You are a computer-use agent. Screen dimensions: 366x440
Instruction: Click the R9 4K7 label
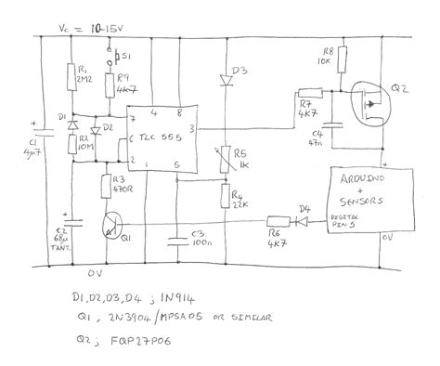pyautogui.click(x=128, y=84)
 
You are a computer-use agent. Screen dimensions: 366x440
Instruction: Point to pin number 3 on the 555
pyautogui.click(x=190, y=128)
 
